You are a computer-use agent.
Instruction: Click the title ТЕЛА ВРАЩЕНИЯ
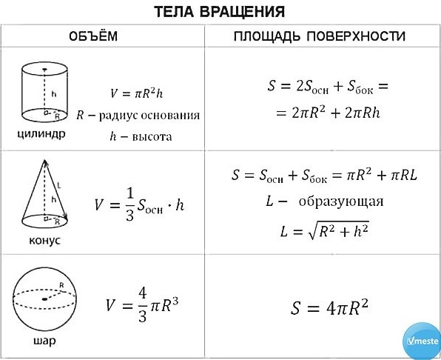point(220,12)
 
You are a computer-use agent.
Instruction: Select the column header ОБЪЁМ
point(93,36)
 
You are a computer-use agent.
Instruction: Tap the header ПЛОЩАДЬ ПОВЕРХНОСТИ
point(320,36)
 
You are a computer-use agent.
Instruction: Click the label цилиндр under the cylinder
point(41,134)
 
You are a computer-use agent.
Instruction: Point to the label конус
point(44,240)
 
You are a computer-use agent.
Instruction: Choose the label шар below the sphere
point(44,341)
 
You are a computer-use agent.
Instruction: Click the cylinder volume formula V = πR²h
point(136,93)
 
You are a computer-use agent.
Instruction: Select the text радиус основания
point(149,116)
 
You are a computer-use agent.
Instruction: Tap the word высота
point(152,137)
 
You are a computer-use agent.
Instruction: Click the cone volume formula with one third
point(140,204)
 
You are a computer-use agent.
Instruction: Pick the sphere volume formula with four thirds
point(142,305)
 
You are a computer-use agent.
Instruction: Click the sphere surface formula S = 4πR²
point(329,308)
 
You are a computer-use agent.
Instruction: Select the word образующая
point(341,201)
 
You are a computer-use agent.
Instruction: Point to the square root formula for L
point(325,231)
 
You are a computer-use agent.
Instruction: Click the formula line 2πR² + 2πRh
point(328,113)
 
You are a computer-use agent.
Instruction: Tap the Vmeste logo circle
point(423,341)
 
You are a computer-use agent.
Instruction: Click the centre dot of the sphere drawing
point(44,299)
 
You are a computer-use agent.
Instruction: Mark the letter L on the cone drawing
point(59,185)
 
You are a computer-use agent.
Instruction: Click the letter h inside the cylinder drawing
point(54,94)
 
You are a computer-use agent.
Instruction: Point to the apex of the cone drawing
point(44,160)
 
